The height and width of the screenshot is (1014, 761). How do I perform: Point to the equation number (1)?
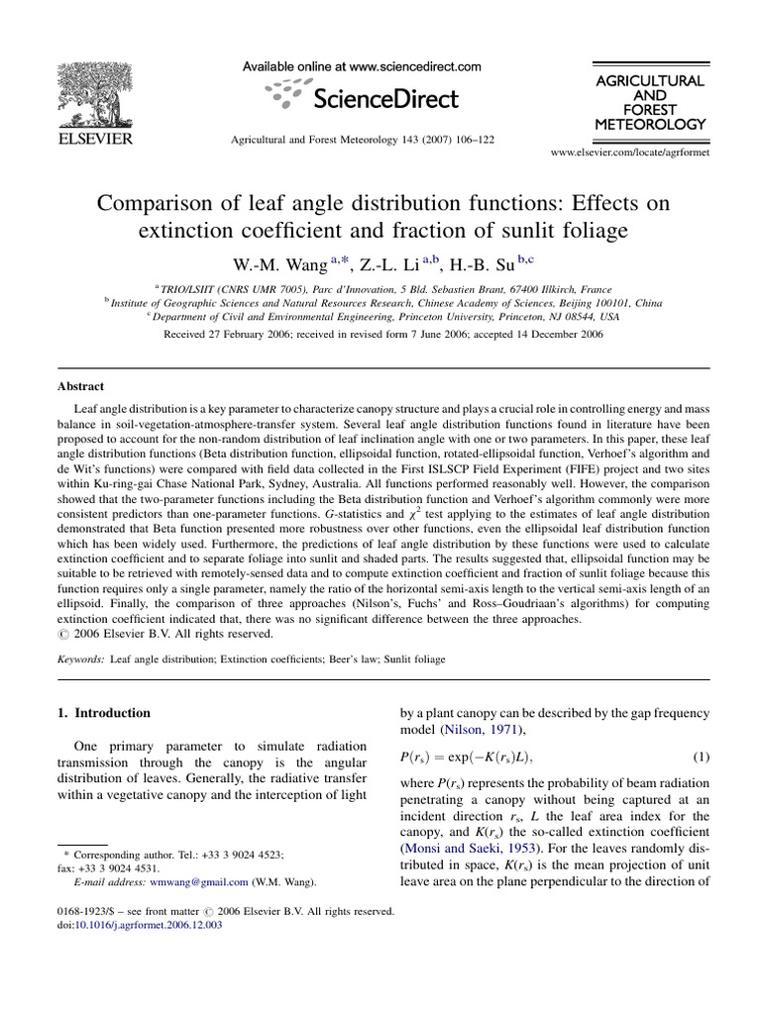click(701, 758)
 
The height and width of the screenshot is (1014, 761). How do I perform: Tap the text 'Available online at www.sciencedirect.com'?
click(363, 66)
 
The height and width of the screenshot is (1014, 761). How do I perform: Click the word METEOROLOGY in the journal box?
click(650, 125)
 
